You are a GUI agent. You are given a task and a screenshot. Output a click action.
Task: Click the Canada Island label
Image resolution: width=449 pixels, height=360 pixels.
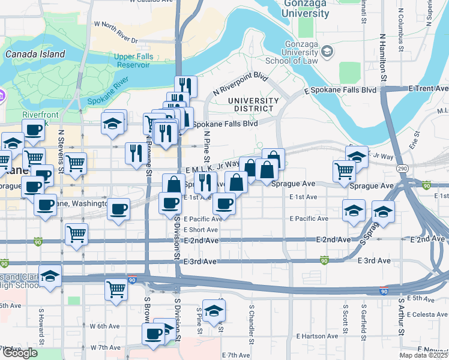coord(35,54)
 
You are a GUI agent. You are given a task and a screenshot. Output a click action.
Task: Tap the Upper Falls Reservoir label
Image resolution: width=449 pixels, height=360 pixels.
coord(120,60)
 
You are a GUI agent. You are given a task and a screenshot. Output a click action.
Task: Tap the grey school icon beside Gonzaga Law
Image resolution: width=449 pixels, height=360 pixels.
coord(327,53)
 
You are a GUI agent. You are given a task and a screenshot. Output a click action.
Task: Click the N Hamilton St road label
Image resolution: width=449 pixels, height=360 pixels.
coord(382,57)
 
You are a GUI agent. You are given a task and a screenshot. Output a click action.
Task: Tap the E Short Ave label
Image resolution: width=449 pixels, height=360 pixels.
coord(201,230)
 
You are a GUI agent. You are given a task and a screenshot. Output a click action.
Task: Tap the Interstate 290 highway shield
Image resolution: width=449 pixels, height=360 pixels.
coord(402,169)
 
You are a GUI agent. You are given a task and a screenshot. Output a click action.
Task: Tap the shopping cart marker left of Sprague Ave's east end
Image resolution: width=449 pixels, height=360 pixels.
coord(345,171)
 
